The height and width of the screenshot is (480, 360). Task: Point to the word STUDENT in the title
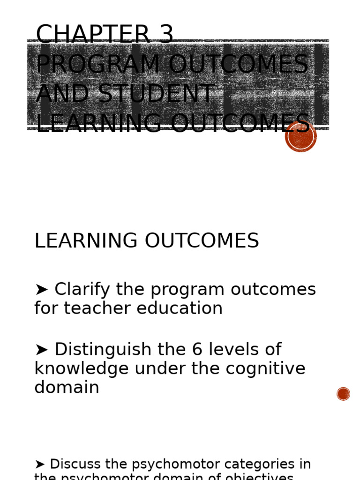156,94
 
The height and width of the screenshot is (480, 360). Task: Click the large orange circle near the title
301,136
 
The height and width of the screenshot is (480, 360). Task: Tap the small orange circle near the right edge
343,394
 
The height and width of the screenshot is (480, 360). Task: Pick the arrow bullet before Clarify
41,290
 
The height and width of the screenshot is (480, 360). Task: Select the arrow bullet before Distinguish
41,350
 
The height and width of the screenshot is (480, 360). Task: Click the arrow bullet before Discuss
40,465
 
